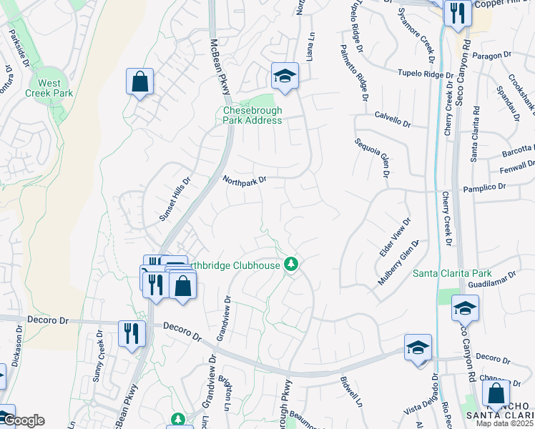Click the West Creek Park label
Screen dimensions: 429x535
pos(49,88)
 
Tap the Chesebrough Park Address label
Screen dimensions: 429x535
pos(252,115)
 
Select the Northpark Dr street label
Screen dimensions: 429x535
pos(244,181)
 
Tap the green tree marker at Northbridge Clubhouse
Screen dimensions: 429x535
pos(290,265)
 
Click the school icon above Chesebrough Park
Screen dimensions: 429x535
pos(284,77)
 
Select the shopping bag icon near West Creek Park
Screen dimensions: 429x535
pos(139,81)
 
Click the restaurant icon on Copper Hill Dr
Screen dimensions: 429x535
pos(456,13)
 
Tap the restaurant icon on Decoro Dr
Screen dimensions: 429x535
pos(132,333)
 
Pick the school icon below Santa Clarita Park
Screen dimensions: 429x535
pos(465,308)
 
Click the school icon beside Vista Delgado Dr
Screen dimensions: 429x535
pos(418,347)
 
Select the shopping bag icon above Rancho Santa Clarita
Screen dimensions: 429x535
pos(496,393)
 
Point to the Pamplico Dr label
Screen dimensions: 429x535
pos(484,186)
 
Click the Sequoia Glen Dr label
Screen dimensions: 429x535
pos(373,157)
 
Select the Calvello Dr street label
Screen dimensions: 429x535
pos(393,119)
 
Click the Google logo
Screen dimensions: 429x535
pos(23,420)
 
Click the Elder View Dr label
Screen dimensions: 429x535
pos(393,238)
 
